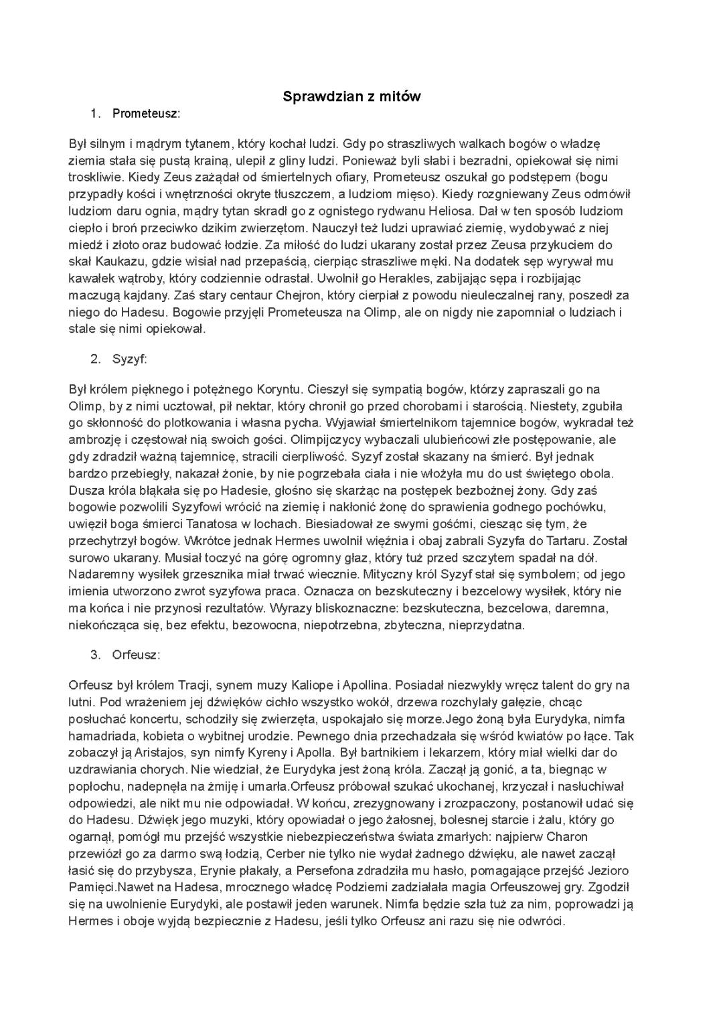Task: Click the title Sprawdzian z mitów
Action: tap(351, 96)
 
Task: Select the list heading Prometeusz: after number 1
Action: tap(146, 114)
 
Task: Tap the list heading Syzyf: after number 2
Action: tap(129, 359)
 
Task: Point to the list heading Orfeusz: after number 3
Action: tap(137, 654)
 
